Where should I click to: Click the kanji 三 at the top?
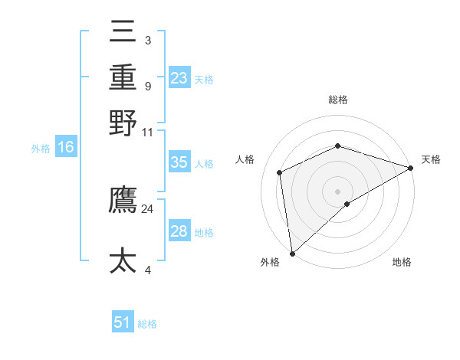click(123, 34)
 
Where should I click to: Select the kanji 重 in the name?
click(123, 78)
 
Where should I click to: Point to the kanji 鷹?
click(123, 201)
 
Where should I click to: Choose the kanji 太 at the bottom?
click(123, 260)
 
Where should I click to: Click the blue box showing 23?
click(179, 78)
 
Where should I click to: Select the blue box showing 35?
click(179, 162)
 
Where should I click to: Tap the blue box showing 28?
click(179, 231)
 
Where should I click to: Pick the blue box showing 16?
click(66, 148)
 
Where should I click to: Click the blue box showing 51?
click(123, 322)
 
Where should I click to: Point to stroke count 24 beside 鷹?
click(147, 208)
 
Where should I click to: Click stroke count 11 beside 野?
click(147, 132)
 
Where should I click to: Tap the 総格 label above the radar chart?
click(338, 100)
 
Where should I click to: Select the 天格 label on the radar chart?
click(431, 159)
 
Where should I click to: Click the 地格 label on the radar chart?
click(402, 262)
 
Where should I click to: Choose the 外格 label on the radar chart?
click(270, 262)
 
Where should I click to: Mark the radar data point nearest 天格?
click(410, 168)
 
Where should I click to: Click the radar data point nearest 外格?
click(292, 254)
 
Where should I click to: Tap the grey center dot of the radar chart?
click(338, 191)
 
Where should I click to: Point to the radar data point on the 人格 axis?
click(281, 172)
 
